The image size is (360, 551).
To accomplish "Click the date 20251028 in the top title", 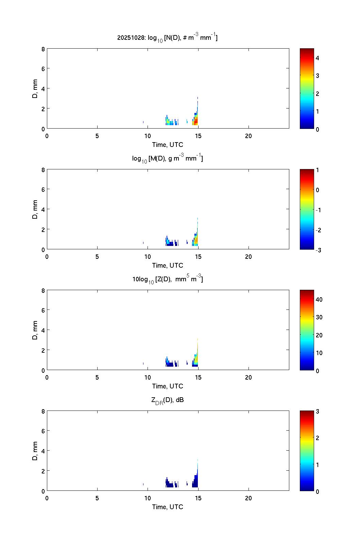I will (x=131, y=38).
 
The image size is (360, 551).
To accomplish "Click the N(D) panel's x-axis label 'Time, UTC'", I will (x=168, y=145).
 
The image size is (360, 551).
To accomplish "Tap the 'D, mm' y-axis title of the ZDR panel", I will (x=35, y=451).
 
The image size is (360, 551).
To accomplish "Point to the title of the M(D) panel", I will (x=168, y=158).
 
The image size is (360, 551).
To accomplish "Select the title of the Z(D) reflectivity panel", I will (x=168, y=279).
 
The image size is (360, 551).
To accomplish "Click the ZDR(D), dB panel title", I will (x=168, y=400).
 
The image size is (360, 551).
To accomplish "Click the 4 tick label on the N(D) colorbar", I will (x=317, y=58).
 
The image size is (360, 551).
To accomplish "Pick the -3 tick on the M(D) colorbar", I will (x=318, y=250).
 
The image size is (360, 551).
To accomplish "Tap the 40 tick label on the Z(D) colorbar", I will (x=319, y=299).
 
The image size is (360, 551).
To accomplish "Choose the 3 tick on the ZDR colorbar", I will (x=317, y=412).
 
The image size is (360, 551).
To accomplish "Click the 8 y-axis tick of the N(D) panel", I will (x=43, y=49).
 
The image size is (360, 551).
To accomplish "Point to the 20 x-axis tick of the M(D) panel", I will (x=248, y=257).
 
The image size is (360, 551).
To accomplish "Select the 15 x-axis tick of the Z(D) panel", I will (x=198, y=378).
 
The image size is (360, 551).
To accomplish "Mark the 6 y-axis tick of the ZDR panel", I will (x=43, y=431).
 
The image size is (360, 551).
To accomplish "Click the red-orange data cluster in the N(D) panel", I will (x=195, y=121).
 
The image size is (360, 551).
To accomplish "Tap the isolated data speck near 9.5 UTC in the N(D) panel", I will (x=143, y=122).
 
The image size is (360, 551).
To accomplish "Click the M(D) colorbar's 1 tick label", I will (x=317, y=170).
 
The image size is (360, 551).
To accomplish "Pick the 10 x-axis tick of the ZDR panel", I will (x=148, y=498).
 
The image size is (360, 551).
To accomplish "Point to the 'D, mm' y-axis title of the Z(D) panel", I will (x=35, y=330).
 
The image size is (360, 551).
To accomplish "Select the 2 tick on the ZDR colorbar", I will (x=317, y=438).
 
